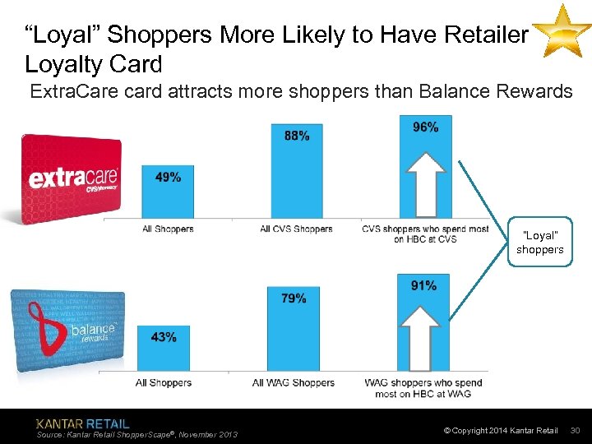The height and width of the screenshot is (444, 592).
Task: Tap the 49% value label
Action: pos(168,177)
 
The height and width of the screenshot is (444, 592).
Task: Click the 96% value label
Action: pos(425,127)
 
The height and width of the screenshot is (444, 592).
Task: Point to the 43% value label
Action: pos(163,337)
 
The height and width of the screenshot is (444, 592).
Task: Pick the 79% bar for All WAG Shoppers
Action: pos(294,328)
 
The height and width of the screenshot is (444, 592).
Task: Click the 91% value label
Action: pos(423,285)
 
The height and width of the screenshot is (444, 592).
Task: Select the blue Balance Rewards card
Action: pos(67,331)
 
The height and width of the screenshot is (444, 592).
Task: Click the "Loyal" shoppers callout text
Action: pos(540,243)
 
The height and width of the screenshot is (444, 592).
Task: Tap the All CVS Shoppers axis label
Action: pos(296,229)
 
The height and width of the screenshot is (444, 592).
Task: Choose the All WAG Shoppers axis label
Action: pos(294,382)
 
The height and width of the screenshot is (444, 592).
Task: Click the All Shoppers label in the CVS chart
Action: pos(168,229)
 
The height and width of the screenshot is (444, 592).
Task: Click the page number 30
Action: pos(576,431)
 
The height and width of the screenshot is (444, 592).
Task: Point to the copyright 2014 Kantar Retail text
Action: pos(500,431)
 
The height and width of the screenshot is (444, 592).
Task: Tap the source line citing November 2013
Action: pos(137,434)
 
